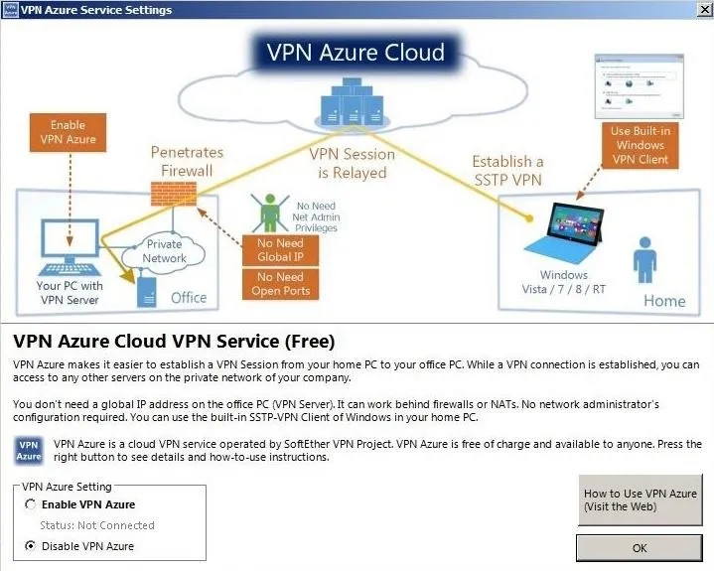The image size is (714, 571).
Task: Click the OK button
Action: pos(639,548)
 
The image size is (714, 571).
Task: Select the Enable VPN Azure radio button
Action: pos(31,504)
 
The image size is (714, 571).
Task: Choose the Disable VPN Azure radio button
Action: pos(31,545)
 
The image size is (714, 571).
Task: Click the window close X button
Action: pos(704,10)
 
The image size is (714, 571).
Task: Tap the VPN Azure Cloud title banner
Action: pos(356,52)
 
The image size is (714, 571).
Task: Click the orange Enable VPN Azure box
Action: pos(68,132)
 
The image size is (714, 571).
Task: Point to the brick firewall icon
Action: pos(174,194)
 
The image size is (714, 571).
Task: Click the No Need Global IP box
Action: pos(280,250)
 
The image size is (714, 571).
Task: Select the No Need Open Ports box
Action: pos(280,284)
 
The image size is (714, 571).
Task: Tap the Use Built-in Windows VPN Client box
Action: pos(640,145)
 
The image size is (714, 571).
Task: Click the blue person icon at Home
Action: pos(644,260)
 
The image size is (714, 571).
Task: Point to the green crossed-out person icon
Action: pos(269,213)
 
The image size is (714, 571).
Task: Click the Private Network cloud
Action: pos(164,252)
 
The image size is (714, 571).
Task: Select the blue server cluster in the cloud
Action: pos(353,103)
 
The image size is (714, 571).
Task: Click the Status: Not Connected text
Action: pos(97,525)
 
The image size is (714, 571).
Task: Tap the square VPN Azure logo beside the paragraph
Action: pos(29,451)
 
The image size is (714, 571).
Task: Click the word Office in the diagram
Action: pos(189,298)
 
